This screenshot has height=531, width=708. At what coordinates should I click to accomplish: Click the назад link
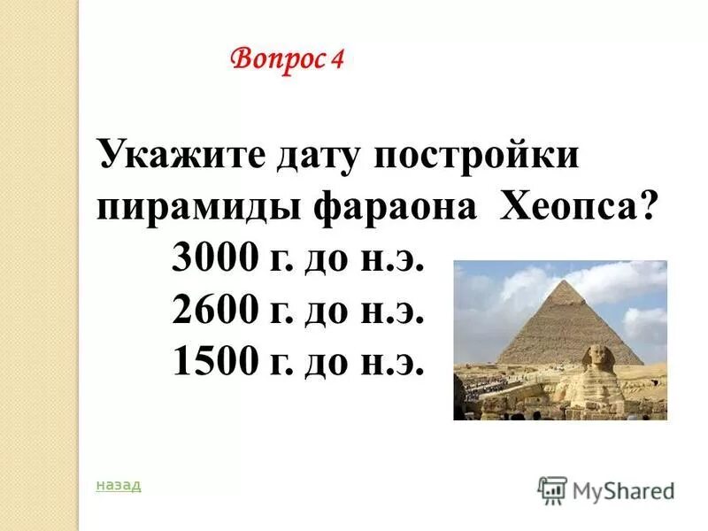pos(118,485)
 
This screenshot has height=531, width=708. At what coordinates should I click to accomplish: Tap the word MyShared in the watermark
pos(623,489)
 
